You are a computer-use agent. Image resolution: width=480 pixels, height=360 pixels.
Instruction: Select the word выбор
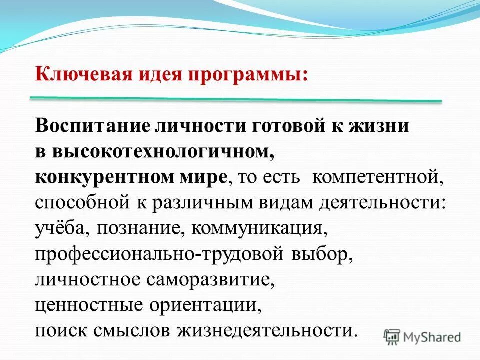320,255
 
